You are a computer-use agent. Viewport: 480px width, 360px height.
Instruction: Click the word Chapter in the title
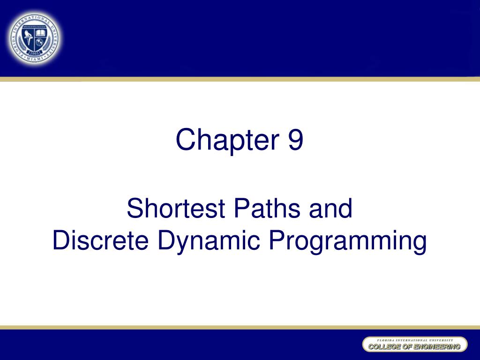pyautogui.click(x=225, y=140)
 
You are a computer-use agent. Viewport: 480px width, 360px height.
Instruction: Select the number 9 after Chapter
pyautogui.click(x=295, y=140)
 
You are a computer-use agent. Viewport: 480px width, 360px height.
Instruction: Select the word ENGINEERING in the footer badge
pyautogui.click(x=438, y=347)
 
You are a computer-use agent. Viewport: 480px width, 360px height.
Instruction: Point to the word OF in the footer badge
pyautogui.click(x=406, y=347)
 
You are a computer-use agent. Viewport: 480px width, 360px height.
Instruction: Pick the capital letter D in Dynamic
pyautogui.click(x=164, y=241)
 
